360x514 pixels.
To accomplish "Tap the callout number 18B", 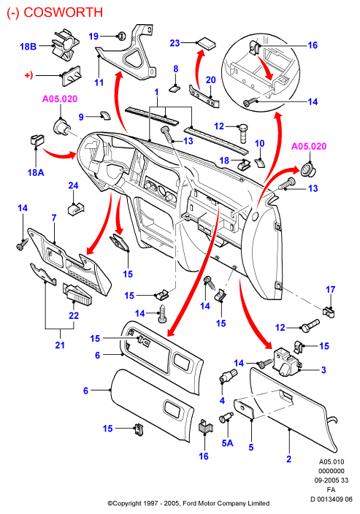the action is (x=28, y=46).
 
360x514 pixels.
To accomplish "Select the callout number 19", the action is (x=93, y=36).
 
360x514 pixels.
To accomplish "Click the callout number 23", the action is (x=175, y=43).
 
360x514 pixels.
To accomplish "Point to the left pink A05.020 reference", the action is (x=60, y=99).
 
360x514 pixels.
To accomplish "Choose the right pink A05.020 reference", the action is (x=309, y=146).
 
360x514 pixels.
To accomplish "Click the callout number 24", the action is (x=73, y=185).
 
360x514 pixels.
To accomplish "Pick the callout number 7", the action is (x=54, y=218).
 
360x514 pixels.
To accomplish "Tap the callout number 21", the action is (x=60, y=345).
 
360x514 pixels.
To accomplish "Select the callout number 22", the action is (x=74, y=315).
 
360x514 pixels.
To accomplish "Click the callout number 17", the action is (x=331, y=289).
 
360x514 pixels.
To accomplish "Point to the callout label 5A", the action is (x=227, y=443).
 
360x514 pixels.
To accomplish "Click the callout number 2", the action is (x=288, y=459).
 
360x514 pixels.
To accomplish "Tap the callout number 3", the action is (x=323, y=369).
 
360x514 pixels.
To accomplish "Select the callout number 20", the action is (x=210, y=80).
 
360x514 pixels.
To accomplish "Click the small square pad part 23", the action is (x=206, y=43).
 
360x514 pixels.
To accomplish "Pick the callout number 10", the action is (x=260, y=143).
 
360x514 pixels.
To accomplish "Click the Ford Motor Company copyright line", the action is (x=188, y=503).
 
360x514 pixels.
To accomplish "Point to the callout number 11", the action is (x=99, y=83).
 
